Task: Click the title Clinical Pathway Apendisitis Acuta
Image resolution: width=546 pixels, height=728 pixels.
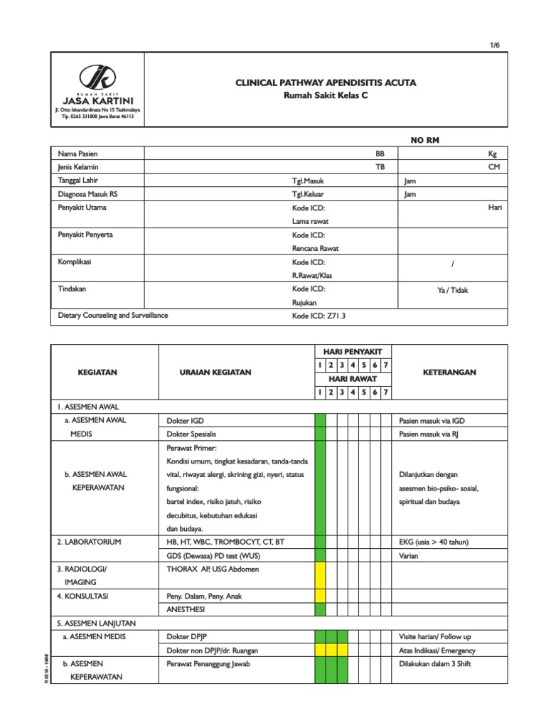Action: point(326,82)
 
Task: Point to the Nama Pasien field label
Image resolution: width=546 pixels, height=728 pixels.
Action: point(77,154)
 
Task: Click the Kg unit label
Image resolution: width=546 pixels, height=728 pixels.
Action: point(492,154)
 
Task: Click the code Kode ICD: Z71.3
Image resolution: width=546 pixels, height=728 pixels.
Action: point(318,316)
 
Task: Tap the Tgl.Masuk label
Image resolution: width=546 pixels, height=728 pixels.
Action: point(308,181)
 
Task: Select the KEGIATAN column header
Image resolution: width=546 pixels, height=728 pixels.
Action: point(97,372)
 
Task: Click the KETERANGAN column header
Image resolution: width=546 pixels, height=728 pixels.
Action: point(450,372)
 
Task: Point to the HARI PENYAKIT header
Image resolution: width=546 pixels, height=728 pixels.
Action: point(353,352)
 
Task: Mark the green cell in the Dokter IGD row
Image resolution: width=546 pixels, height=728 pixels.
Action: point(320,421)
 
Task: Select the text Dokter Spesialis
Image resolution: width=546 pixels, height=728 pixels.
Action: point(191,434)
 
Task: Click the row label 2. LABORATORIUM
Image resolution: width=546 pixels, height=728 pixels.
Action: point(90,542)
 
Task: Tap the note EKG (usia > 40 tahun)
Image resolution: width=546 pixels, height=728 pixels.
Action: point(434,542)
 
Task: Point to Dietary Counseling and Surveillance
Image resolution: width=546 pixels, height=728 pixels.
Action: point(113,315)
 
